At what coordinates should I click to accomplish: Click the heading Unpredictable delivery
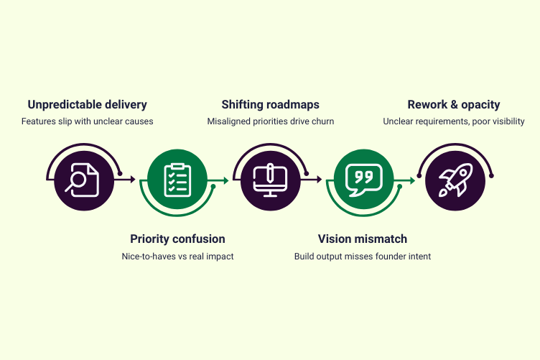[x=87, y=105]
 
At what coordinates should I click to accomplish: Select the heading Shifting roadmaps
[x=269, y=105]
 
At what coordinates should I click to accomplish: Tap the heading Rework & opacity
[x=453, y=105]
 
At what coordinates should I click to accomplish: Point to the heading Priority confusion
[x=177, y=239]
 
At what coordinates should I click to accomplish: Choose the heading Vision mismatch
[x=362, y=239]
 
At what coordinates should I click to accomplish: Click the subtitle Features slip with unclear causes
[x=87, y=121]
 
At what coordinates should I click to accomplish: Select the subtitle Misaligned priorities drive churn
[x=270, y=121]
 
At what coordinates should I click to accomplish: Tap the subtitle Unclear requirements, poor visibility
[x=453, y=121]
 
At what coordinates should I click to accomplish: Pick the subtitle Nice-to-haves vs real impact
[x=177, y=256]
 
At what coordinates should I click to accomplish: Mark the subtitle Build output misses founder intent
[x=362, y=256]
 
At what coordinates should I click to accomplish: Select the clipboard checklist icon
[x=177, y=180]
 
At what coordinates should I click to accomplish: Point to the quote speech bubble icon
[x=363, y=180]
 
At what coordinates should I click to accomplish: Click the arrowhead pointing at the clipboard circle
[x=133, y=180]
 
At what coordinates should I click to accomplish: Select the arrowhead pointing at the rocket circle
[x=412, y=180]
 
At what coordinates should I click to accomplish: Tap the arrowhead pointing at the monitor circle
[x=226, y=180]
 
